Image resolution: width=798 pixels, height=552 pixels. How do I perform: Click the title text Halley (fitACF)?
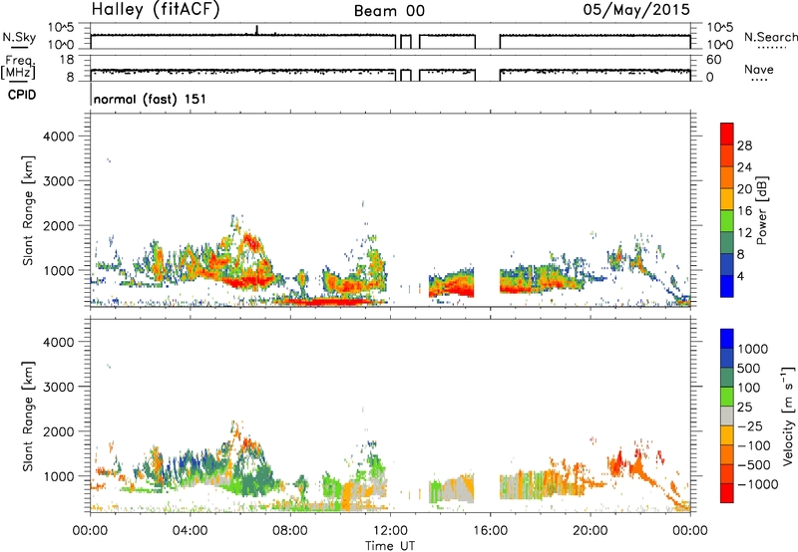156,10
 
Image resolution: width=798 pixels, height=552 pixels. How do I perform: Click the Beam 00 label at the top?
389,11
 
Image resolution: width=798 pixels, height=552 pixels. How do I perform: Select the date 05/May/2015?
636,9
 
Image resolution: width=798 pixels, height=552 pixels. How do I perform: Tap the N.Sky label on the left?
19,37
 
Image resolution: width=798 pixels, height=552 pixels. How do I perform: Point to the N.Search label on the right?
770,37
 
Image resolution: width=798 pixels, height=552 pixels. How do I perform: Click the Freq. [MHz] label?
18,67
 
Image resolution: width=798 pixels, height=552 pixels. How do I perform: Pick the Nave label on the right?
759,69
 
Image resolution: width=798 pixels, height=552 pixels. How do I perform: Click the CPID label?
22,95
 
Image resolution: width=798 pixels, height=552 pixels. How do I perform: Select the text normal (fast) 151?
150,99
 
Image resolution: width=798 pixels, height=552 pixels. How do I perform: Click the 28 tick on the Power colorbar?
744,145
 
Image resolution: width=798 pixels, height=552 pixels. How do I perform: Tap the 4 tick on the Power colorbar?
740,277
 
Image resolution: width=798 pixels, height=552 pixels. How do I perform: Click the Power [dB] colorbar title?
761,210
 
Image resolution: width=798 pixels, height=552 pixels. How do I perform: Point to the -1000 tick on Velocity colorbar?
757,484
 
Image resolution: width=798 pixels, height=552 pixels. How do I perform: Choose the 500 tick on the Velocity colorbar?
749,369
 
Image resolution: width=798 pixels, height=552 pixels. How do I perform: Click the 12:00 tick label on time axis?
390,531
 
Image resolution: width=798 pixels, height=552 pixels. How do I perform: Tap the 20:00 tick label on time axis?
591,531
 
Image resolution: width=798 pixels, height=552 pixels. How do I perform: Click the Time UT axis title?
390,546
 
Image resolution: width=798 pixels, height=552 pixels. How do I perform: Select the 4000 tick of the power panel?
58,137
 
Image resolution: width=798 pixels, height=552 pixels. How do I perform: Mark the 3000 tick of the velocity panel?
58,387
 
